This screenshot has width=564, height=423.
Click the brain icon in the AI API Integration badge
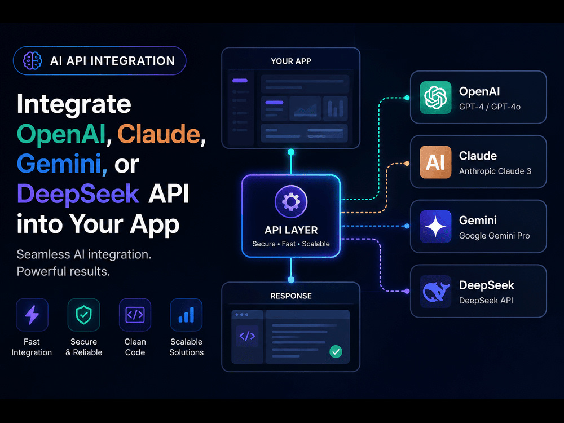[x=32, y=60]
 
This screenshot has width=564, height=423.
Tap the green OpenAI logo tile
[x=435, y=98]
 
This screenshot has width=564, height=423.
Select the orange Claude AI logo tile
[x=435, y=162]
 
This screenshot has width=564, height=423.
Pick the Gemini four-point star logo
[x=435, y=227]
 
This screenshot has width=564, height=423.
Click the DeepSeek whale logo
[x=435, y=292]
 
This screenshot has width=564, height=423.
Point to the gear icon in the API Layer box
[x=291, y=201]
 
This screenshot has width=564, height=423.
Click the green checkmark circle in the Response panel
[x=336, y=351]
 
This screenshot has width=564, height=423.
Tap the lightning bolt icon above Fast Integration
[x=32, y=315]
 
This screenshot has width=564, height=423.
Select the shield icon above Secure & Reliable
[x=84, y=315]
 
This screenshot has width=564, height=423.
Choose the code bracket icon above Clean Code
[x=135, y=315]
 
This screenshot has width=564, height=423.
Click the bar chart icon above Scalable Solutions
[x=186, y=315]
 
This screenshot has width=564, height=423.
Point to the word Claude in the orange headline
[x=158, y=134]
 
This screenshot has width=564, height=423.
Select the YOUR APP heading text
[x=291, y=61]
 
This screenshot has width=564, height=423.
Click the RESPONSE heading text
[x=291, y=296]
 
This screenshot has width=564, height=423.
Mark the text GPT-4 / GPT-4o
[x=490, y=107]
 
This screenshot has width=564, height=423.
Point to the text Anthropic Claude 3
[x=495, y=171]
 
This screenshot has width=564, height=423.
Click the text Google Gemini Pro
[x=494, y=236]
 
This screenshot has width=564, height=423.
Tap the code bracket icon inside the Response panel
[x=247, y=336]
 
